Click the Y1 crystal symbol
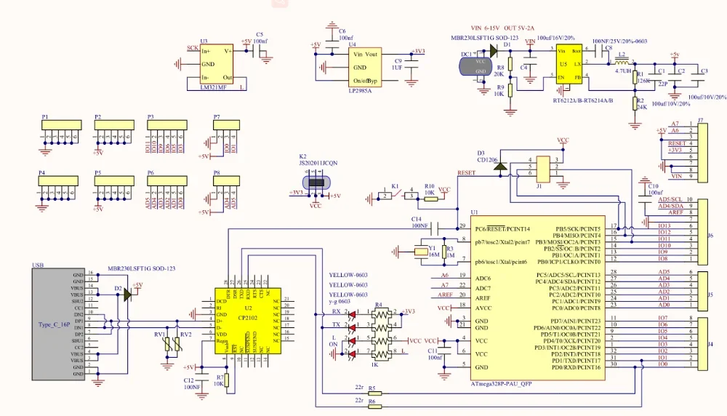tap(421, 252)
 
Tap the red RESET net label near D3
tap(465, 173)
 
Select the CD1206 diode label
tap(487, 159)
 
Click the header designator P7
tap(217, 116)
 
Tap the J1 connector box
tap(542, 169)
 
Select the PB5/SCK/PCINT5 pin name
tap(578, 229)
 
